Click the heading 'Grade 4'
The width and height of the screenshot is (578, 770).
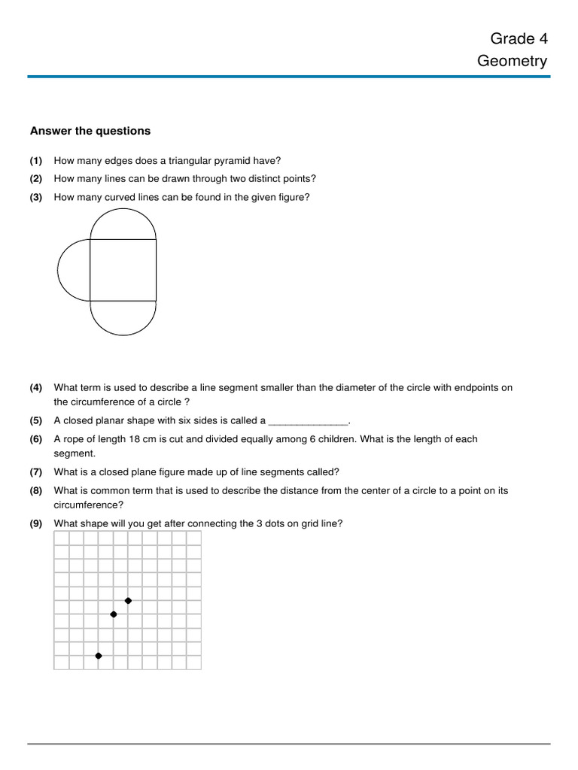coord(519,38)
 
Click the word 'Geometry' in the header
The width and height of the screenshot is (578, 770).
coord(512,61)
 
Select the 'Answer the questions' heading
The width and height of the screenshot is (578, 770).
coord(90,131)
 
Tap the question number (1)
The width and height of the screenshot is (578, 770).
coord(36,160)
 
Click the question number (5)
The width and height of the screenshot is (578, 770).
coord(36,420)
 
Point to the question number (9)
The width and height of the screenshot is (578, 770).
coord(36,523)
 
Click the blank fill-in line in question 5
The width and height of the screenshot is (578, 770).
coord(309,422)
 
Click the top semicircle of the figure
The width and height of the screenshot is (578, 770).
coord(123,223)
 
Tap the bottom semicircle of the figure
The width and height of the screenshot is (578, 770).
coord(123,318)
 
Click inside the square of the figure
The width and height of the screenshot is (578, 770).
coord(123,270)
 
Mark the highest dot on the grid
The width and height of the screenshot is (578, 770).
coord(128,600)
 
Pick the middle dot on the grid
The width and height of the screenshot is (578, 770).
coord(114,614)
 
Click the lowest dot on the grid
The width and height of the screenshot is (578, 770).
coord(99,656)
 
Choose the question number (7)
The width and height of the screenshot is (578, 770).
coord(36,472)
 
